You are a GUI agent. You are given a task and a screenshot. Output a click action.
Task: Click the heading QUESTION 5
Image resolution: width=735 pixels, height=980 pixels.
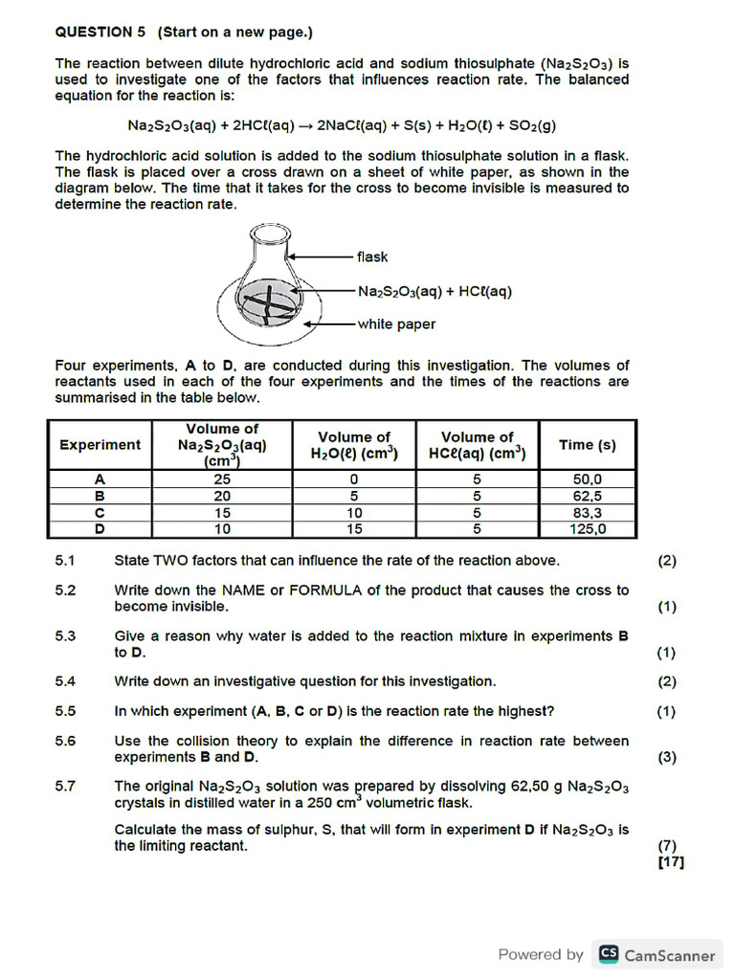(x=99, y=32)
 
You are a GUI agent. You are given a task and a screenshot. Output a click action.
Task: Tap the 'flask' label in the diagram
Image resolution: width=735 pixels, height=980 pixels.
(x=372, y=256)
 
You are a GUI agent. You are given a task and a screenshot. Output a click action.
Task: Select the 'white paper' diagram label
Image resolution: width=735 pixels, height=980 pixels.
(x=396, y=324)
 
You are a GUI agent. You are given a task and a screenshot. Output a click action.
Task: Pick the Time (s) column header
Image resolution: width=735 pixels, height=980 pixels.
(x=587, y=445)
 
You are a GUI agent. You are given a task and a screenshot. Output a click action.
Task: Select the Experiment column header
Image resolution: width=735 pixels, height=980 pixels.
(x=100, y=445)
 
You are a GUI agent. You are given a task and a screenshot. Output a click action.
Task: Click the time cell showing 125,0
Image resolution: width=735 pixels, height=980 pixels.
(x=588, y=528)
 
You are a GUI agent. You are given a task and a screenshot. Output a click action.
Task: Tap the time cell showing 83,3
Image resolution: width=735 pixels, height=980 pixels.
(x=588, y=512)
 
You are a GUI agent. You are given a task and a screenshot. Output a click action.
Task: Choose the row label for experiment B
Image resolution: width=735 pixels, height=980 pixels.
(x=100, y=496)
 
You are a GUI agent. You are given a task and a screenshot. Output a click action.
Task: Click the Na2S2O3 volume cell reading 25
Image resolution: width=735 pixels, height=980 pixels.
(x=222, y=479)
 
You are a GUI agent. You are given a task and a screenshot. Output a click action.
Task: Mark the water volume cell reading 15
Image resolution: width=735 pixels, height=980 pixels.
(x=354, y=528)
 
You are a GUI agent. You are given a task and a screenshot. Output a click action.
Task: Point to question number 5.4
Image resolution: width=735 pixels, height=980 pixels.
(x=65, y=681)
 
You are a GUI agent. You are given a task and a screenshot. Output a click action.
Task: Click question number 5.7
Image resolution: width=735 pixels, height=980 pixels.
(x=65, y=786)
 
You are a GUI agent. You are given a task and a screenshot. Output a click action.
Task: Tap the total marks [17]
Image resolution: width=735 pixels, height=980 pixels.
(x=671, y=862)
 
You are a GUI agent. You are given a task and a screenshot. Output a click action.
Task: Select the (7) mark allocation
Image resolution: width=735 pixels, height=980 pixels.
(x=666, y=846)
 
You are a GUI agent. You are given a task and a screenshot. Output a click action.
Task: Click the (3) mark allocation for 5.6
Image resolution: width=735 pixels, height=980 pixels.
(x=666, y=757)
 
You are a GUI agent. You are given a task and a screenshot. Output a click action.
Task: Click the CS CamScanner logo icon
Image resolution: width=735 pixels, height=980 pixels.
(x=608, y=954)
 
